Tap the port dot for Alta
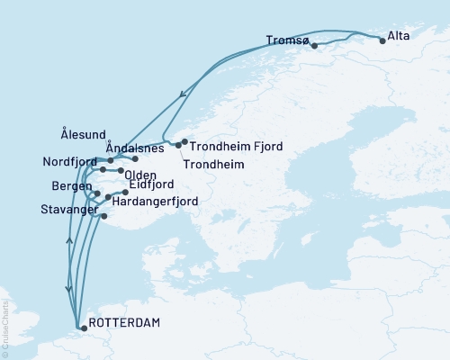(382, 40)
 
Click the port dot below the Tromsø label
(314, 45)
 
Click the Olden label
(142, 175)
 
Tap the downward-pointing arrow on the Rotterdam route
(68, 288)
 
